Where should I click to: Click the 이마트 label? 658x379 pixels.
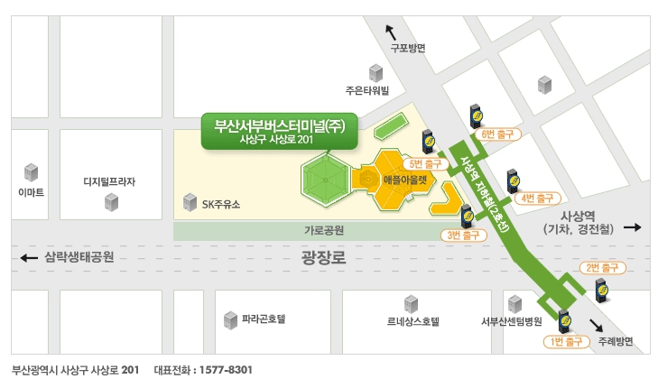pos(31,192)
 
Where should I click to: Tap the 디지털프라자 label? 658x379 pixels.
pos(109,181)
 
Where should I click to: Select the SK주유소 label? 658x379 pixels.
pos(220,204)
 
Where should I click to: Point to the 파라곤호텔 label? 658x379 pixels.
pos(264,319)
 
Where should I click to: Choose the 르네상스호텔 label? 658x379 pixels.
pos(412,320)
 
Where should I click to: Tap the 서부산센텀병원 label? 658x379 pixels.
pos(512,321)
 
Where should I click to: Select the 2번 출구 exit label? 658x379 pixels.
pos(601,267)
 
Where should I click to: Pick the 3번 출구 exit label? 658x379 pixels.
pos(463,236)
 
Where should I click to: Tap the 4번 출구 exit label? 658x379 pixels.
pos(537,197)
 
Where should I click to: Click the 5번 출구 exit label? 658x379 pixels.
pos(425,164)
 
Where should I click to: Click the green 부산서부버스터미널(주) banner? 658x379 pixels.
pos(279,131)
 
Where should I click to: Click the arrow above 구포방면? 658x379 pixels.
pos(390,32)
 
